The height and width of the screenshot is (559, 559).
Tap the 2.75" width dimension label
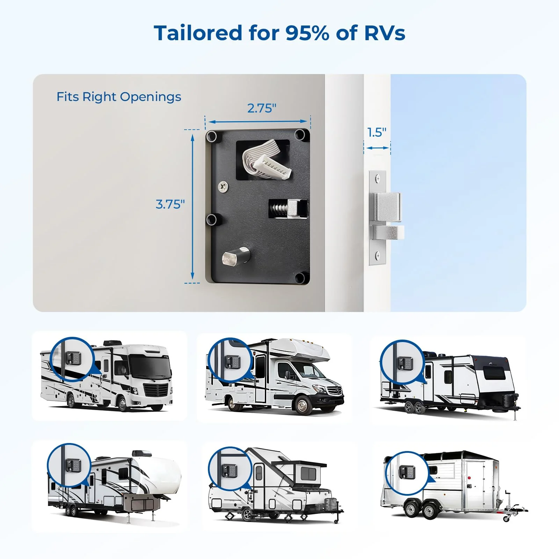point(262,108)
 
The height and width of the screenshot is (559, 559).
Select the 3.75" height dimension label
point(170,204)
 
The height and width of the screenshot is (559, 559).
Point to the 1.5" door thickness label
point(377,132)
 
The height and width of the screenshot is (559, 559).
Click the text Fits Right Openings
point(119,97)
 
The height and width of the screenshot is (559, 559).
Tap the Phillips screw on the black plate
point(223,187)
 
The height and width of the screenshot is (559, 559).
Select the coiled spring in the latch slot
point(279,209)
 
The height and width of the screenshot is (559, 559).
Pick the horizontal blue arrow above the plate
point(258,122)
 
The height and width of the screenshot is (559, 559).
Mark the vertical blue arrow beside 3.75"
point(193,206)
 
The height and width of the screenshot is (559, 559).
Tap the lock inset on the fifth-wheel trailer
point(69,465)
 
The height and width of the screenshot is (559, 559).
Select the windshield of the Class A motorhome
point(151,367)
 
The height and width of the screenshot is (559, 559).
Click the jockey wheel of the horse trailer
point(506,518)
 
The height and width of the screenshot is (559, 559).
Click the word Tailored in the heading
point(198,33)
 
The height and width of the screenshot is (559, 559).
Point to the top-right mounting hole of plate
point(300,135)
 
